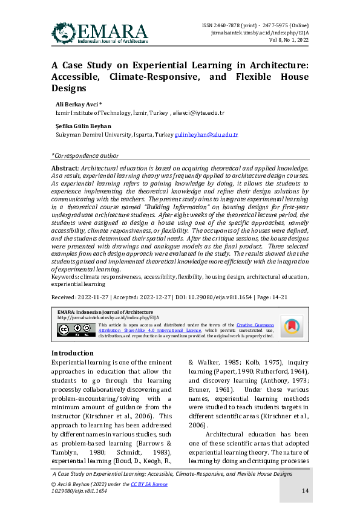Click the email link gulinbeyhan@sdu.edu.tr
[206, 135]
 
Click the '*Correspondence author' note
[85, 155]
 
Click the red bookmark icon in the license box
[292, 326]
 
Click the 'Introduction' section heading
[73, 353]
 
